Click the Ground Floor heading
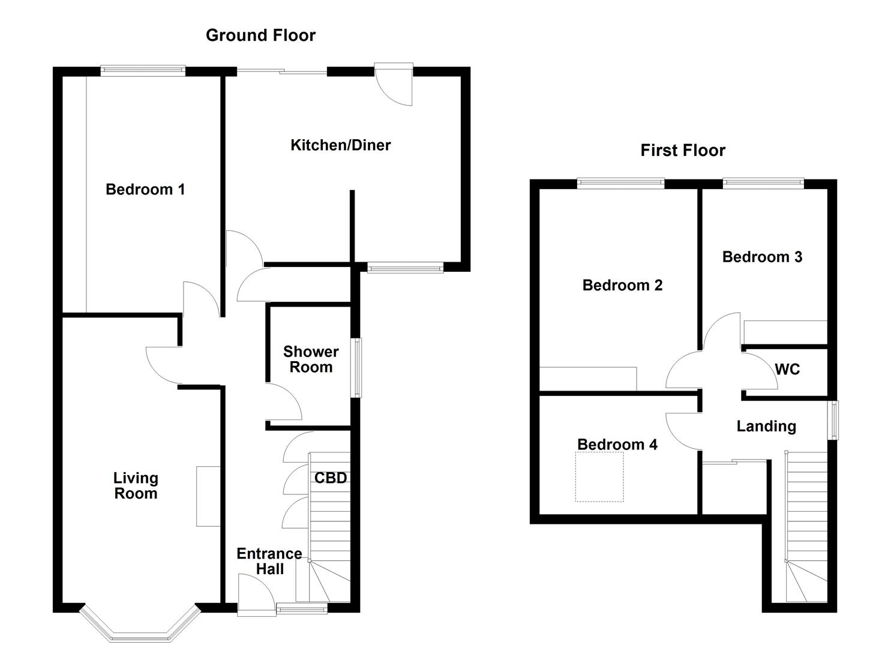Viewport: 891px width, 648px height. point(260,35)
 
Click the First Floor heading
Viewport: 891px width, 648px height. point(683,150)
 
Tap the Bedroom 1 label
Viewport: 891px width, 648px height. point(145,190)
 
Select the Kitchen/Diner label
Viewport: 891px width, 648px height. point(340,145)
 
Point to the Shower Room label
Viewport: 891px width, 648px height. point(311,359)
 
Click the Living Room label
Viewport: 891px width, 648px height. point(136,486)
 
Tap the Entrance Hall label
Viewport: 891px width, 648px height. point(269,562)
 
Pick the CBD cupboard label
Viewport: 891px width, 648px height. point(331,478)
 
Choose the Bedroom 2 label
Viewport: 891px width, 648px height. point(622,285)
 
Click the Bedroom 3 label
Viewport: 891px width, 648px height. point(762,257)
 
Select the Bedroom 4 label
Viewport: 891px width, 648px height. point(617,444)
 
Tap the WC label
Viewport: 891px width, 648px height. point(787,370)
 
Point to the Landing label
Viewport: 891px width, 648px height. point(766,427)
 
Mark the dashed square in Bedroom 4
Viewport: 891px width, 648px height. point(599,477)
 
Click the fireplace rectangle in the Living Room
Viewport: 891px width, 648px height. point(208,496)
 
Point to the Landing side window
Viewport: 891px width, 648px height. point(833,420)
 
